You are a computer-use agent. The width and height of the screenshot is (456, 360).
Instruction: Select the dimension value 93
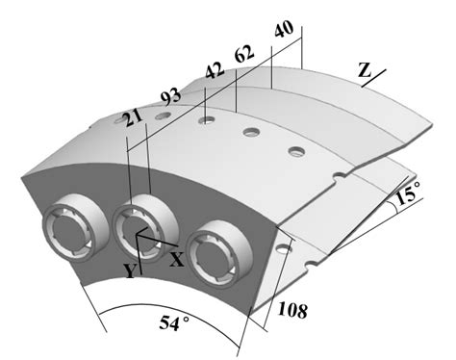point(170,97)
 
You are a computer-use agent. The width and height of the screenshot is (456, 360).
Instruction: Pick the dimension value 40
point(282,30)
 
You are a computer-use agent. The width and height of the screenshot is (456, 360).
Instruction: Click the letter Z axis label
point(364,69)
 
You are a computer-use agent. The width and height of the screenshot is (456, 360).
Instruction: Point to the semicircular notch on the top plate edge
point(339,174)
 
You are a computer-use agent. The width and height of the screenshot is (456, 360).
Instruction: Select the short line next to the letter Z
point(377,76)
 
